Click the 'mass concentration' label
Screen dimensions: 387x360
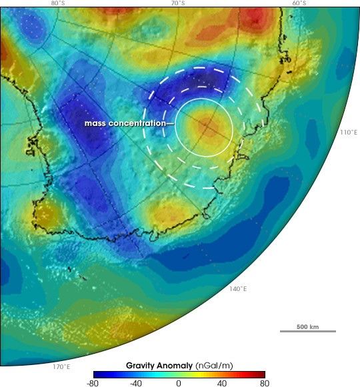(x=125, y=123)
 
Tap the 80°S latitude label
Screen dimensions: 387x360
(x=59, y=3)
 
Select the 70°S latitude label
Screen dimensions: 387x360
(x=177, y=3)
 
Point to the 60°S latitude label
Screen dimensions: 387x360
(x=299, y=3)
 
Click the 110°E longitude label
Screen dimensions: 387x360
(x=348, y=133)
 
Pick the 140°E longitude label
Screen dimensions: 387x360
(x=238, y=288)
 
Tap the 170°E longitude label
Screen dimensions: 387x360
(x=62, y=366)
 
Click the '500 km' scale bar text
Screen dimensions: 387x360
(x=307, y=326)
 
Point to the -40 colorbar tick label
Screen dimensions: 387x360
(x=136, y=383)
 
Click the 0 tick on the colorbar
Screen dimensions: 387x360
(x=179, y=383)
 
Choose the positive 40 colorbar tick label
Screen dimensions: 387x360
(x=221, y=383)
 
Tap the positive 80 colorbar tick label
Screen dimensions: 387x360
(x=264, y=383)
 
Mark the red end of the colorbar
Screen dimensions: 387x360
(x=262, y=374)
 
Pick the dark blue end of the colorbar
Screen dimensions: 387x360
(x=96, y=374)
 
